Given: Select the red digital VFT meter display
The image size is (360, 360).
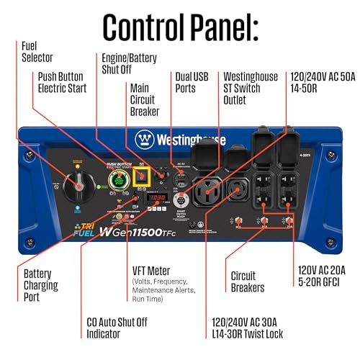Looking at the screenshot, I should tap(158, 197).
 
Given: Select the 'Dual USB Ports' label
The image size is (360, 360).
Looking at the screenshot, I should tap(192, 81).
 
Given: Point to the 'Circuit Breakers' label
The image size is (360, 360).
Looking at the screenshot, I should tap(248, 282).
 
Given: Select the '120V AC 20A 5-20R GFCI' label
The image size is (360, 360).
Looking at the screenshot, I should tap(319, 276).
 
